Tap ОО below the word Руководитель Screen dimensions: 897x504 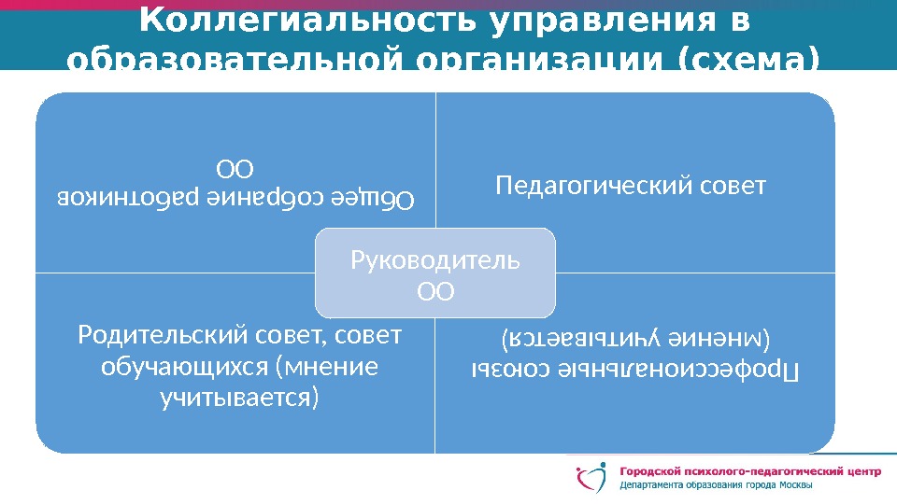click(435, 292)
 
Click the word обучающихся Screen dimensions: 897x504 click(186, 366)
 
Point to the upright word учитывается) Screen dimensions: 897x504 click(239, 399)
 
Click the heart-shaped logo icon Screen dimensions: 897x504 click(592, 478)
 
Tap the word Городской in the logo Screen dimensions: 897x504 click(655, 470)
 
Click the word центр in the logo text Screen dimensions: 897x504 click(859, 470)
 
